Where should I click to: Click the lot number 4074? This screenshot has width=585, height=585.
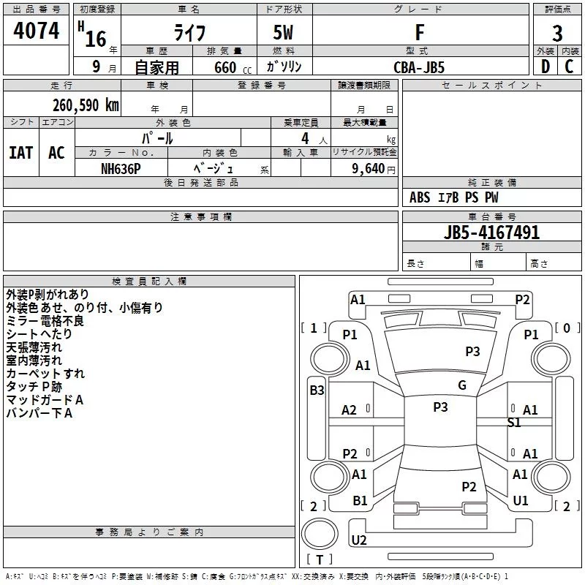[x=37, y=31]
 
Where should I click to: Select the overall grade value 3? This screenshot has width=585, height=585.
[x=557, y=33]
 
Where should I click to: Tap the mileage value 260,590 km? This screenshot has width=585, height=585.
[x=86, y=105]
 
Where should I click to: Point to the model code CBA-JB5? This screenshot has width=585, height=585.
[x=419, y=67]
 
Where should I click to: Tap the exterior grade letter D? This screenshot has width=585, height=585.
[x=545, y=67]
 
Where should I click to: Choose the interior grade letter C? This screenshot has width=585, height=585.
[x=569, y=67]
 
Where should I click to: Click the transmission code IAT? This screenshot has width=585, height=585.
[x=20, y=153]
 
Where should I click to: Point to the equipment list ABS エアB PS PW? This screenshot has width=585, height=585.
[x=454, y=197]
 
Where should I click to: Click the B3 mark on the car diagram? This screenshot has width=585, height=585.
[x=317, y=390]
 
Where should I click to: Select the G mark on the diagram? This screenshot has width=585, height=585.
[x=462, y=385]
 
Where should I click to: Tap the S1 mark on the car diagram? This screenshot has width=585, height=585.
[x=514, y=422]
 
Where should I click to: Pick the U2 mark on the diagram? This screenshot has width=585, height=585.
[x=359, y=540]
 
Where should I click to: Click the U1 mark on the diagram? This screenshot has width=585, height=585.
[x=521, y=501]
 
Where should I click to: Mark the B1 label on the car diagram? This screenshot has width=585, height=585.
[x=361, y=501]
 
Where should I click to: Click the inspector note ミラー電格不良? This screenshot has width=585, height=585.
[x=45, y=320]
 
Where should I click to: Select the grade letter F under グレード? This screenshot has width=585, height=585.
[x=419, y=32]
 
